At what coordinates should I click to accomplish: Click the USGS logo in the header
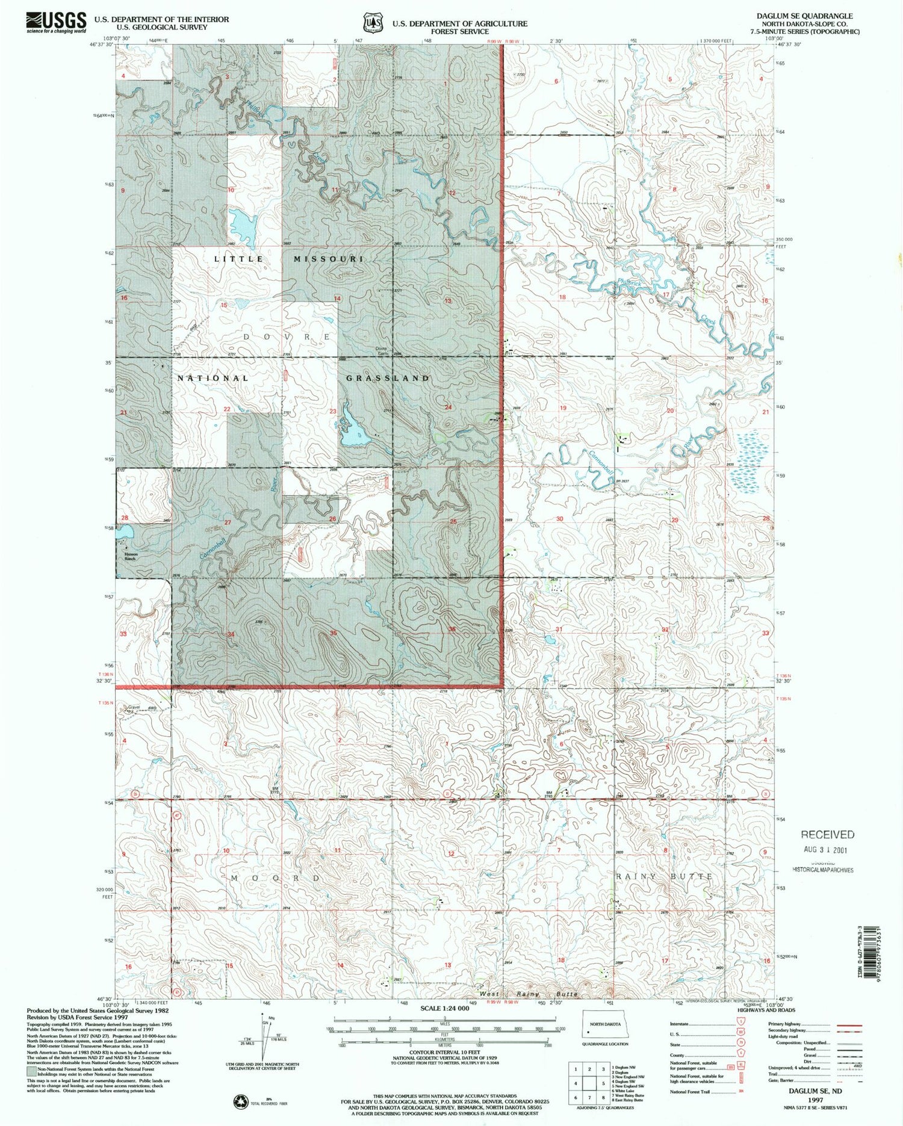point(56,22)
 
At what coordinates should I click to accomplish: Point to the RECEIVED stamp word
point(827,834)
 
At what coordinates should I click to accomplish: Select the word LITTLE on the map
point(239,259)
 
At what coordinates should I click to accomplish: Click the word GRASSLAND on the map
point(388,378)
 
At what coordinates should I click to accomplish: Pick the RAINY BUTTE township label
point(664,876)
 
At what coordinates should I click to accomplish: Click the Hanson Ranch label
point(131,556)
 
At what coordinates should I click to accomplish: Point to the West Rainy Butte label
point(528,994)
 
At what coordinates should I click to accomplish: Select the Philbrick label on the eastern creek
point(638,282)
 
